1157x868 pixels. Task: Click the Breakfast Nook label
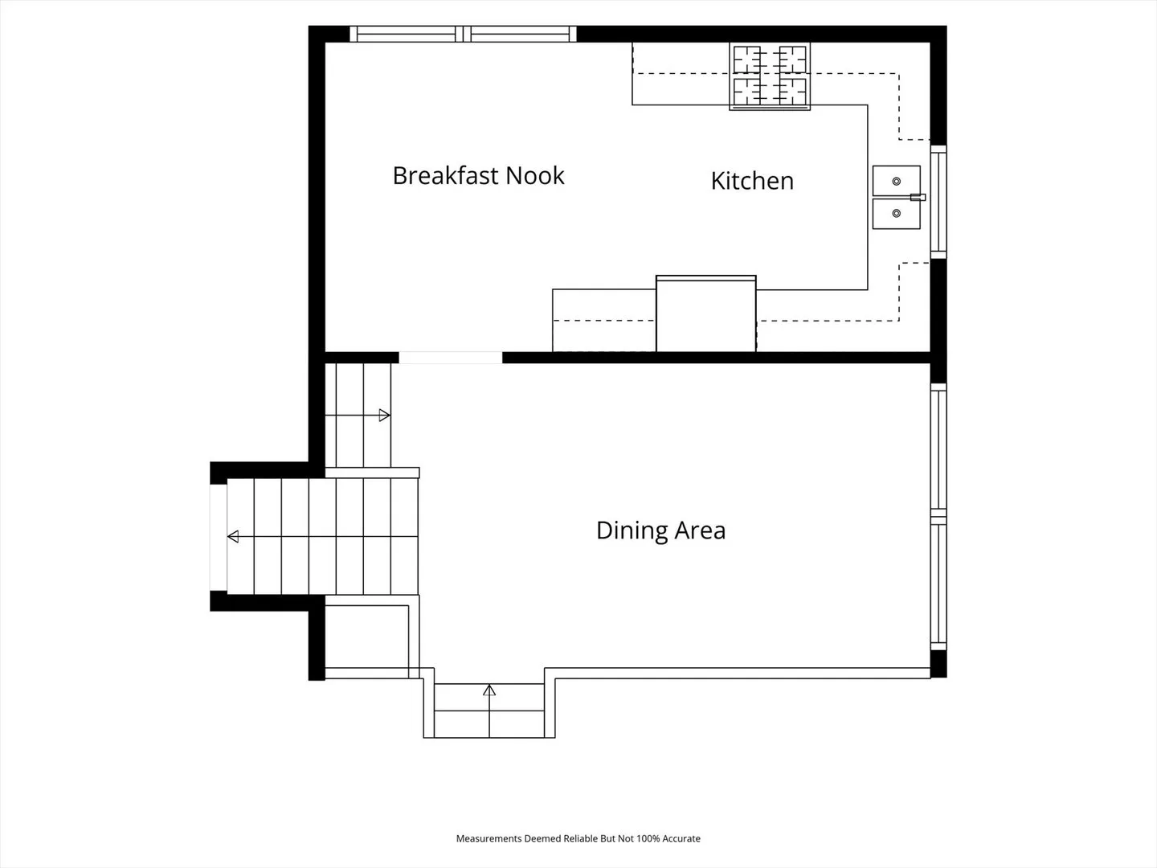[x=478, y=175]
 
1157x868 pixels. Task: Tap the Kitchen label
[x=752, y=181]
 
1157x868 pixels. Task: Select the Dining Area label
[x=661, y=530]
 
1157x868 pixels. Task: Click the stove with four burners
[x=770, y=76]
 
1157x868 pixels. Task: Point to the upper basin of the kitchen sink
[x=897, y=182]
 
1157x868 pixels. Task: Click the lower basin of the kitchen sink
[x=897, y=214]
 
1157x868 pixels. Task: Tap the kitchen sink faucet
[x=918, y=197]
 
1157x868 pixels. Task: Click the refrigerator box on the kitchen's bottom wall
[x=705, y=313]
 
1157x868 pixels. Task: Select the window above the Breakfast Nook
[x=464, y=34]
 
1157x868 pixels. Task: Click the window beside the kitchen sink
[x=938, y=202]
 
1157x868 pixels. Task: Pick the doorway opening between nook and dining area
[x=450, y=358]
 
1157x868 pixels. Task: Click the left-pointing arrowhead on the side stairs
[x=233, y=537]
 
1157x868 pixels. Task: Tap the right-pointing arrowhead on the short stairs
[x=385, y=416]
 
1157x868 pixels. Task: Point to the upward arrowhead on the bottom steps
[x=489, y=690]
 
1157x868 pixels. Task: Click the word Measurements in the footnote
[x=489, y=838]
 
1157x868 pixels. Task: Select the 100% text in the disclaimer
[x=648, y=838]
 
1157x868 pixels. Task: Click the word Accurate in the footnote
[x=681, y=838]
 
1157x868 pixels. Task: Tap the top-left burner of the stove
[x=747, y=59]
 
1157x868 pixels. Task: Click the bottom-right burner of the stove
[x=793, y=91]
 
